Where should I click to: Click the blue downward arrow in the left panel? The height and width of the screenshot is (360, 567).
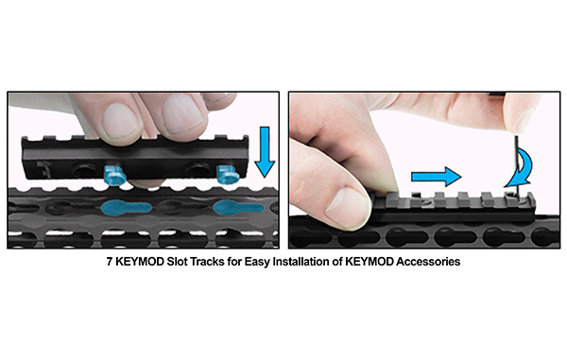coord(265,151)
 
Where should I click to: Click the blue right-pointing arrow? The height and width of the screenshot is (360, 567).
coord(436,177)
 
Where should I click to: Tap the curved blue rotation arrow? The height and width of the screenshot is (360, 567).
coord(521,169)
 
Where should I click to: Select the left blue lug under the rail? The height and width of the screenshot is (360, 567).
coord(114,175)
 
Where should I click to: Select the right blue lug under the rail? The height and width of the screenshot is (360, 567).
coord(228,174)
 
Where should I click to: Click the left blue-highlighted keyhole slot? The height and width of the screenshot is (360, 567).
coord(126,208)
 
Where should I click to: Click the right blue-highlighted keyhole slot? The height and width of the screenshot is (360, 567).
coord(238,208)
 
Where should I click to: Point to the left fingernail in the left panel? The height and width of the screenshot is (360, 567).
coord(121,121)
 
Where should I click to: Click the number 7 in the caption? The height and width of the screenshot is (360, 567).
coord(110,262)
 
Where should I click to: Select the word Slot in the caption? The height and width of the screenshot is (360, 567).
coord(178,262)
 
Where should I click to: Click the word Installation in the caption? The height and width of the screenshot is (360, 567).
coord(306,262)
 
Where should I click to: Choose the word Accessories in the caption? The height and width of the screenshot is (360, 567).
coord(428,262)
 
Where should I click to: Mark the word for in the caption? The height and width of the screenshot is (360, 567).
coord(234,262)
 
